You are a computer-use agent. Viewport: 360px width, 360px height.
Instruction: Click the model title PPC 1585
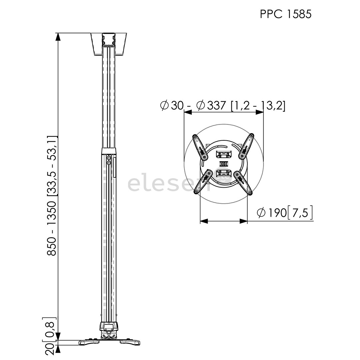[x=286, y=14]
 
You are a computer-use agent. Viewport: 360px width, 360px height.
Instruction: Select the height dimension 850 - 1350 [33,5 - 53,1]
[x=52, y=196]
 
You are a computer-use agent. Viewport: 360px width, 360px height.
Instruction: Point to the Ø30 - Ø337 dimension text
[x=223, y=105]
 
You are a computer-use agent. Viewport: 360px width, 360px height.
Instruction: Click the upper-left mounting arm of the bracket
[x=200, y=147]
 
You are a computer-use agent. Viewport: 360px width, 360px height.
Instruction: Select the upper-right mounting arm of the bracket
[x=247, y=146]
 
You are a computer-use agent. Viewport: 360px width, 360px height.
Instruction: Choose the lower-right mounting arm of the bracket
[x=243, y=182]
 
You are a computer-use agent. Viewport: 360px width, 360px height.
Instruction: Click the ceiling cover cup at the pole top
[x=109, y=43]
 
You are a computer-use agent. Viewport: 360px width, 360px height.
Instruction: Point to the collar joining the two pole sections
[x=109, y=152]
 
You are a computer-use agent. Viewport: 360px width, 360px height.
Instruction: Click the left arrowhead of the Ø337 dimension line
[x=188, y=112]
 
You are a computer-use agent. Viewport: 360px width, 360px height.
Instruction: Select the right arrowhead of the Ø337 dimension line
[x=260, y=112]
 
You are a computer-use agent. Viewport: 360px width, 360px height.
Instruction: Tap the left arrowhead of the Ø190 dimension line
[x=204, y=221]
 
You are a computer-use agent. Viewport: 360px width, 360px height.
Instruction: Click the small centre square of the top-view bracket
[x=223, y=164]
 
